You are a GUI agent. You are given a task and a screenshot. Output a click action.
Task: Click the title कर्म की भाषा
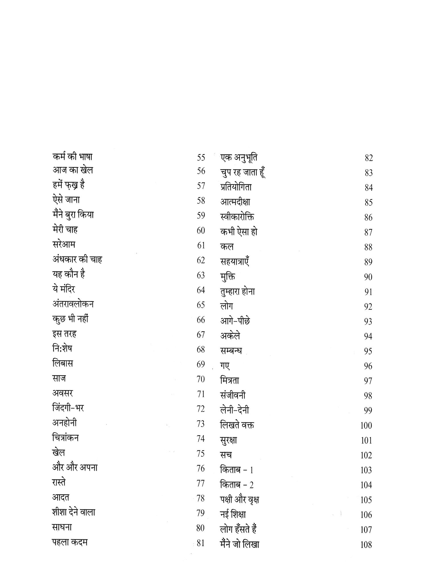coord(73,157)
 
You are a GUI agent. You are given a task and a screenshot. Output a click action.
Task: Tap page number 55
coord(201,157)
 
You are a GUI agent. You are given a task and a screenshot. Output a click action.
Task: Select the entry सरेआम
coord(64,245)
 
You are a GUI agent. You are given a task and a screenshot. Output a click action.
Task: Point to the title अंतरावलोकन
coord(73,304)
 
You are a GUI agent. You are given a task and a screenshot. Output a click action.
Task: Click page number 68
coord(201,349)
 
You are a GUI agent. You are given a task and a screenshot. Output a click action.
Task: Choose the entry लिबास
coord(62,364)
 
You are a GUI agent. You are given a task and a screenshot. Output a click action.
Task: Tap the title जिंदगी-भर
coord(68,408)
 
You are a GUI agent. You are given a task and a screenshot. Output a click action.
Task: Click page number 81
coord(201,543)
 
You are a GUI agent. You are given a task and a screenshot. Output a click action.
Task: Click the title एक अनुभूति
coord(239,157)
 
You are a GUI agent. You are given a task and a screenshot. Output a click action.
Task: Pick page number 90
coord(368,277)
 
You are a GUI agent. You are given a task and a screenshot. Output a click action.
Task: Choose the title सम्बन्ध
coord(231,351)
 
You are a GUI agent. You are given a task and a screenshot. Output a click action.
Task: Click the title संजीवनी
coord(233,395)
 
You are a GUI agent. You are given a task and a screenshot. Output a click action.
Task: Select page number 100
coord(366,426)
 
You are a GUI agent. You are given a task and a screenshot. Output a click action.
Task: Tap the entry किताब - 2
coord(237,485)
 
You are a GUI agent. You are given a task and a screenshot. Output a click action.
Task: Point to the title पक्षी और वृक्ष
coord(239,500)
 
